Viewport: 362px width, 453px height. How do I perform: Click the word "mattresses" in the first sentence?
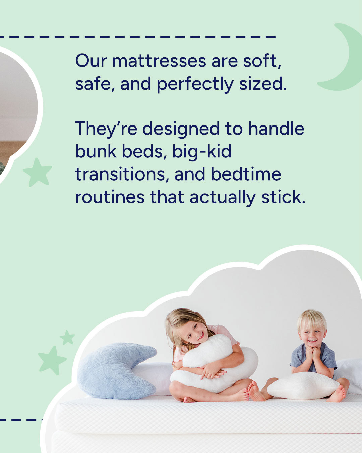click(x=159, y=61)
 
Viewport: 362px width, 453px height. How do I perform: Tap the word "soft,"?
click(x=262, y=61)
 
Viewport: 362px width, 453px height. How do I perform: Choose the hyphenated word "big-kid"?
click(x=202, y=152)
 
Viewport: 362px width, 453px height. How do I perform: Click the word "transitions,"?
click(x=122, y=174)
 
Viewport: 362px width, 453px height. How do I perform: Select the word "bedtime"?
click(x=246, y=174)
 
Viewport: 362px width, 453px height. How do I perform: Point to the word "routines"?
click(x=110, y=197)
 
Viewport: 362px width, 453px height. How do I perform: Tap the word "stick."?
click(x=283, y=197)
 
